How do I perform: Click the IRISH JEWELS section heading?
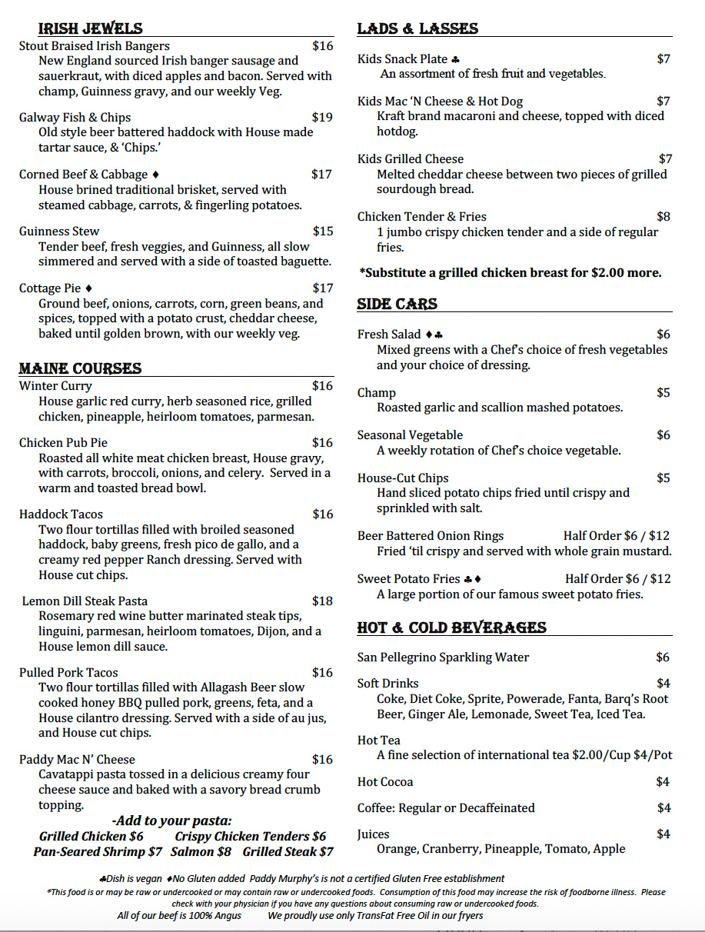(90, 28)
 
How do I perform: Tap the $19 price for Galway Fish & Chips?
(322, 117)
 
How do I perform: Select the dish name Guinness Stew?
(59, 231)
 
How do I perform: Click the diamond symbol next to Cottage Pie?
(89, 288)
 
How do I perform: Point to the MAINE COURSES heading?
(80, 368)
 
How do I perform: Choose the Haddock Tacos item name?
(61, 514)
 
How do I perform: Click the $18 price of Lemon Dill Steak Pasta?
(322, 601)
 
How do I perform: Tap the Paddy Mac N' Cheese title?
(77, 759)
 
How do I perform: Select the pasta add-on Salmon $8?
(201, 851)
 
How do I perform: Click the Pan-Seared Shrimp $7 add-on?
(98, 851)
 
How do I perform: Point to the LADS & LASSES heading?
(417, 28)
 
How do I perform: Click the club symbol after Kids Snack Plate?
(456, 59)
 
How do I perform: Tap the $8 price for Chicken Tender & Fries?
(663, 216)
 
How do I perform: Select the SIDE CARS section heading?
(397, 305)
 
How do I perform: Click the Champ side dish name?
(377, 392)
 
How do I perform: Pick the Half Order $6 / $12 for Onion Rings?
(616, 535)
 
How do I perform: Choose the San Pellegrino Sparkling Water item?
(443, 657)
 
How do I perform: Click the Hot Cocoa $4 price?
(663, 781)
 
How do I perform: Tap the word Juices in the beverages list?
(373, 834)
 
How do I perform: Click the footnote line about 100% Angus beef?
(179, 915)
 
